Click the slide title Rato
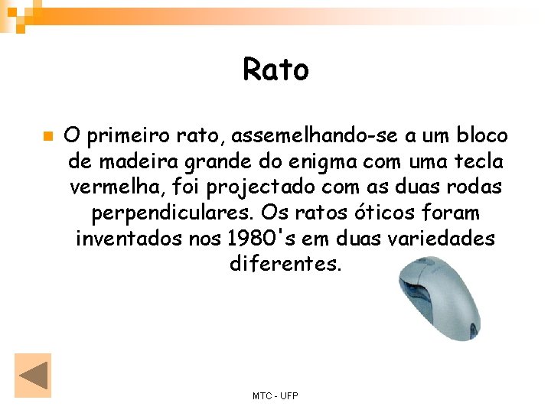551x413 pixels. pyautogui.click(x=275, y=70)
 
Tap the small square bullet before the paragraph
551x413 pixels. pyautogui.click(x=47, y=137)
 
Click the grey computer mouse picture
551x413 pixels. pyautogui.click(x=437, y=299)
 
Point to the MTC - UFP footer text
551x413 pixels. pyautogui.click(x=275, y=395)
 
